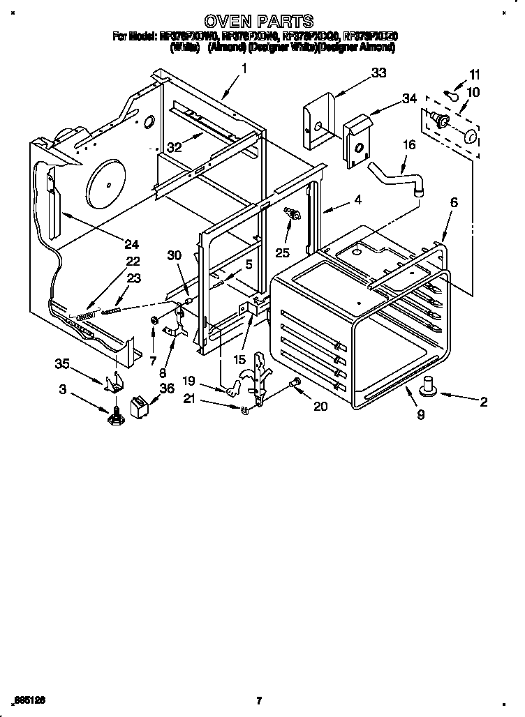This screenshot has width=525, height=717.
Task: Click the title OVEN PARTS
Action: pos(258,22)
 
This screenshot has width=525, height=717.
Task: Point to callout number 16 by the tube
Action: pos(408,144)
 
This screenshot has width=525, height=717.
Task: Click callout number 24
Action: pos(131,243)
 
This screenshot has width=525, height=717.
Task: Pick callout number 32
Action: pos(175,146)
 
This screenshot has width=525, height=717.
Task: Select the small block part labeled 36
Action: pos(140,405)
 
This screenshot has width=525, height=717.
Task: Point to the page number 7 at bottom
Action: pos(258,700)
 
